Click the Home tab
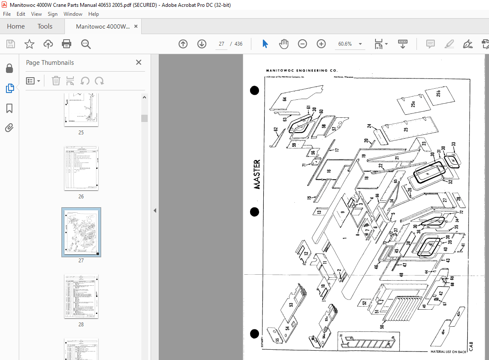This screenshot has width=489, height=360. [16, 26]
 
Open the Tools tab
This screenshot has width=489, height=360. [45, 26]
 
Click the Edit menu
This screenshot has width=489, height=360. [21, 14]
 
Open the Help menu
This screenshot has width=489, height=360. [93, 14]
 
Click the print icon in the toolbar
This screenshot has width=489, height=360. [67, 44]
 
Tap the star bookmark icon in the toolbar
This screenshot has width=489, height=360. [29, 44]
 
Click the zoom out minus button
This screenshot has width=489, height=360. [303, 44]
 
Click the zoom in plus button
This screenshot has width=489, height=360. [321, 44]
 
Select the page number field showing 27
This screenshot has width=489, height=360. [221, 44]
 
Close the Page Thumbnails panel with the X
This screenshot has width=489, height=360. [139, 62]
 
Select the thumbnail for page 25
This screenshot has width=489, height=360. [81, 110]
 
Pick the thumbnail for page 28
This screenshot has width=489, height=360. [81, 296]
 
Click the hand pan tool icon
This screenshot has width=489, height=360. [284, 44]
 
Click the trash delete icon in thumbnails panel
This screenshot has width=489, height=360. [56, 81]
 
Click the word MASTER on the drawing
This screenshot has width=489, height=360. [257, 174]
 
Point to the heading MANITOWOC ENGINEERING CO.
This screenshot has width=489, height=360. [302, 70]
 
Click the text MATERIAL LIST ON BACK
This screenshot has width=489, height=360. [449, 352]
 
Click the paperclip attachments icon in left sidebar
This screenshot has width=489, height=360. [9, 128]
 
